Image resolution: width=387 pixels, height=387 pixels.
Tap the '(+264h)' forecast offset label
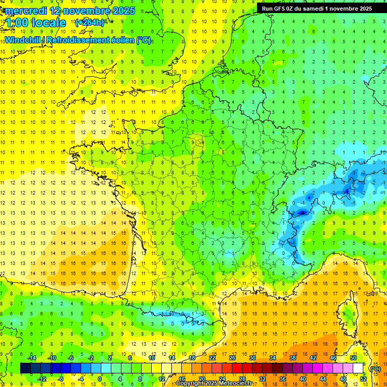click(x=89, y=22)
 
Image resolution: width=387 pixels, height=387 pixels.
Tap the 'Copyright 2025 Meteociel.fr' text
click(x=214, y=383)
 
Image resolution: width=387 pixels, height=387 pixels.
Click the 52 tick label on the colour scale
click(x=363, y=378)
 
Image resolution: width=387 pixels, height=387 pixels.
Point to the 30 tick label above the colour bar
click(x=252, y=358)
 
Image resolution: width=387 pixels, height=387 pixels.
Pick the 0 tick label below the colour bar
click(x=99, y=378)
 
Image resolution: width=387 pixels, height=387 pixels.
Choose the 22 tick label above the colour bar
click(x=212, y=358)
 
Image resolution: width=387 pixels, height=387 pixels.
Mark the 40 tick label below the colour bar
click(x=302, y=378)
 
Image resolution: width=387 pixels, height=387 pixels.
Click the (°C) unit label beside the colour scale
click(x=375, y=368)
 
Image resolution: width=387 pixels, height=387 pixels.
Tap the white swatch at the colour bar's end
click(x=358, y=368)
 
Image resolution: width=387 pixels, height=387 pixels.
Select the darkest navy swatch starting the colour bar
click(x=25, y=368)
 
